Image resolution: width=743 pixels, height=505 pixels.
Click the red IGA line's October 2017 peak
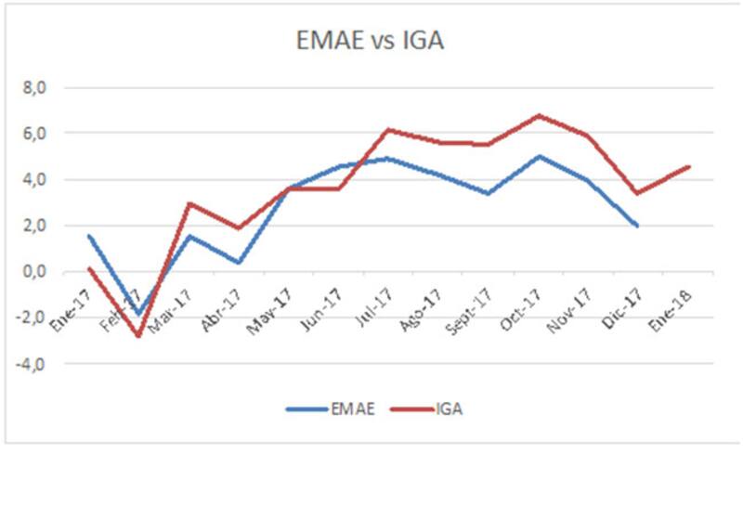539,116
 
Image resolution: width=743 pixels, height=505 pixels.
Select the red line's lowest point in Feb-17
139,336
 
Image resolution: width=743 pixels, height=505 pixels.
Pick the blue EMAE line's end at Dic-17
638,226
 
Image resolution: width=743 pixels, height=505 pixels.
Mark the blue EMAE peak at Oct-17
539,156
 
